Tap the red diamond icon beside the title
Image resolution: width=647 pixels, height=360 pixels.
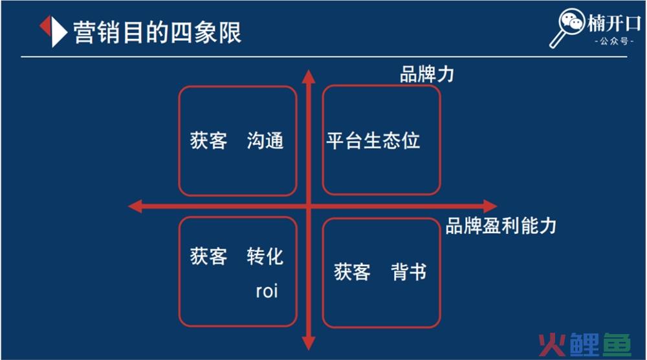[53, 30]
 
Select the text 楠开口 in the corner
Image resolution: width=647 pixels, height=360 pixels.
[611, 23]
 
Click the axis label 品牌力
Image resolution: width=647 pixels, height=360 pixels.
[427, 74]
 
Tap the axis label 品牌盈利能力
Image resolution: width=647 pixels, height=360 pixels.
[501, 226]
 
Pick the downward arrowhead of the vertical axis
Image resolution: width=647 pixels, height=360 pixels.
[309, 343]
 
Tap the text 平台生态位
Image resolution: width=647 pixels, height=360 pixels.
[373, 141]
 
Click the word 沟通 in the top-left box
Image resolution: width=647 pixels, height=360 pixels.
[265, 141]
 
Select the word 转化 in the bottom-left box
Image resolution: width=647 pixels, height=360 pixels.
[265, 256]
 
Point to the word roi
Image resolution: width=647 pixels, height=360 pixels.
[267, 291]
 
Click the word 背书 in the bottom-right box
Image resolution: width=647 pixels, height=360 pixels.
[409, 271]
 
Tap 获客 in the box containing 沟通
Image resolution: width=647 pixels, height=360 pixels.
[208, 141]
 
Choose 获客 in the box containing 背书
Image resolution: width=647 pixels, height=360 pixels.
[352, 271]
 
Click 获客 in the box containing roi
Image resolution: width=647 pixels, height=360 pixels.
[208, 256]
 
